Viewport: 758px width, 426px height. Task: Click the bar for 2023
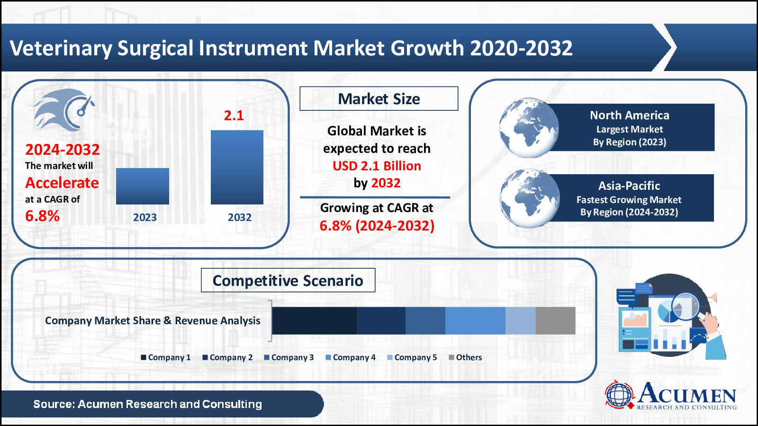pos(142,186)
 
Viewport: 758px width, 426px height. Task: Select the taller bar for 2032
pos(237,167)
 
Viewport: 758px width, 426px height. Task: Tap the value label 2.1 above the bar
pos(234,115)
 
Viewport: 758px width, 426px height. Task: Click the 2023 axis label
pos(144,217)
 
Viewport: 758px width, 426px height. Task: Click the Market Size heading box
pos(379,99)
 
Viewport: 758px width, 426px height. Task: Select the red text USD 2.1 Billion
pos(377,166)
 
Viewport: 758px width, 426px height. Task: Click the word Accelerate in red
pos(62,183)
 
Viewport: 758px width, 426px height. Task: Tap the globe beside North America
pos(529,128)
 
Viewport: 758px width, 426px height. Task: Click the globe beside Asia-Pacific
pos(530,198)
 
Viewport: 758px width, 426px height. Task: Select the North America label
pos(629,115)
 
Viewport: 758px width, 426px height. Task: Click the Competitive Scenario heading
pos(288,281)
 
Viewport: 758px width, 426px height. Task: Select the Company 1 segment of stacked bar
pos(314,320)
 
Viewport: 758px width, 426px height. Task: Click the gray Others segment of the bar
pos(555,320)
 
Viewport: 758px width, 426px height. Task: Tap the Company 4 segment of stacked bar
pos(475,320)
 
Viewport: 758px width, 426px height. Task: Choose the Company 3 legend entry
pos(289,357)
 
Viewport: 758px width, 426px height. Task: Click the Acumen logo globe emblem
pos(619,395)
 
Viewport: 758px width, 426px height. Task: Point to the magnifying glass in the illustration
pos(686,305)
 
